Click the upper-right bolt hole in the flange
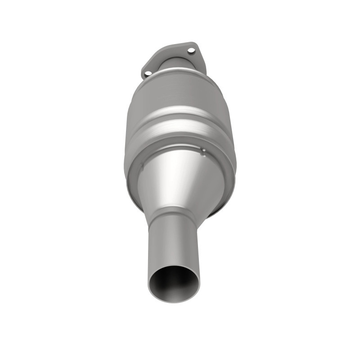pos(191,50)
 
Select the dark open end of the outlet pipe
pos(174,283)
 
